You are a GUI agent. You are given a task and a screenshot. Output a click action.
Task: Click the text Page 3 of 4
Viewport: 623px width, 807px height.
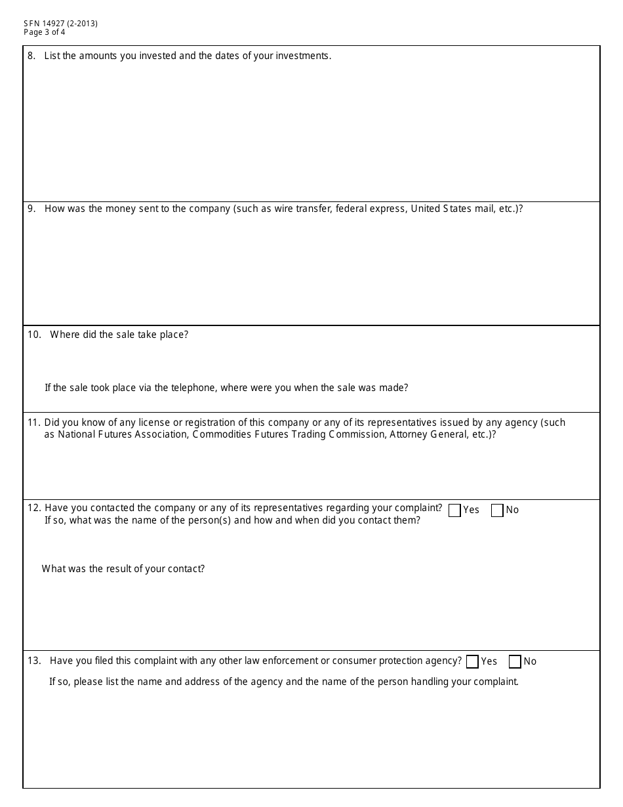coord(44,31)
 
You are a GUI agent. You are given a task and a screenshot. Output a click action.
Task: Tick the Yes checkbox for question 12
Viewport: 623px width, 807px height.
coord(454,510)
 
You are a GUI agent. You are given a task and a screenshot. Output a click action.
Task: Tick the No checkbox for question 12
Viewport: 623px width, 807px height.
coord(497,510)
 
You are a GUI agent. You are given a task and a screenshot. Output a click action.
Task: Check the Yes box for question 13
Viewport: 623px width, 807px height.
coord(472,662)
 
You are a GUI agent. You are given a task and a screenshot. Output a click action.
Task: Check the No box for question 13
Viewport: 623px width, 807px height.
coord(515,662)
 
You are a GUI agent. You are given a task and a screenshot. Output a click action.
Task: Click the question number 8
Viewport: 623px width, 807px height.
coord(31,56)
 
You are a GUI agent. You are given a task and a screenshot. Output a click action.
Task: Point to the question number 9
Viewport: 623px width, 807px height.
coord(31,209)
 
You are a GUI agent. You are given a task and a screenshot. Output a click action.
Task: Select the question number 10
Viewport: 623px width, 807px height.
coord(34,335)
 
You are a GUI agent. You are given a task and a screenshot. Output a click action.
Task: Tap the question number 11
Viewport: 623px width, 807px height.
coord(34,423)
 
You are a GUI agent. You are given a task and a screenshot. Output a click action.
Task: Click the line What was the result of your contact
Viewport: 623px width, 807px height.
coord(123,569)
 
